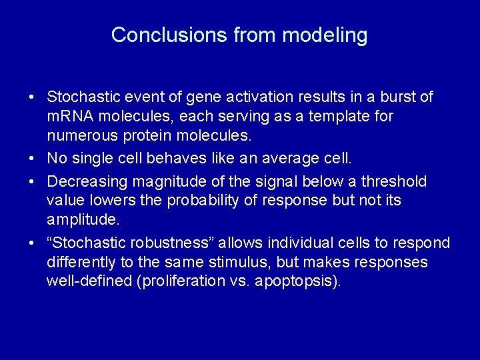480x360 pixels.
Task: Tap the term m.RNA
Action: pyautogui.click(x=73, y=117)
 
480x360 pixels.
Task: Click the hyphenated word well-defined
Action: pyautogui.click(x=89, y=281)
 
